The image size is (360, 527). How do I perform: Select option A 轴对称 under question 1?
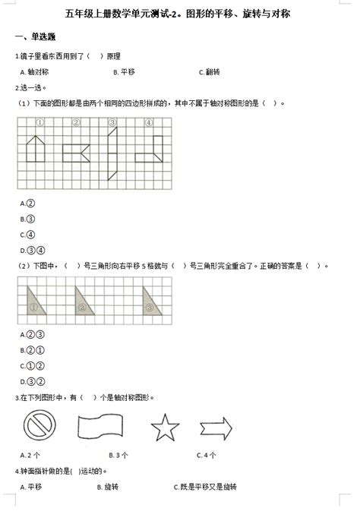pyautogui.click(x=34, y=72)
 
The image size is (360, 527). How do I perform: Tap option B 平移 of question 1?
pyautogui.click(x=123, y=72)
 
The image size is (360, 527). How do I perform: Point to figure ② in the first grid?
pyautogui.click(x=76, y=153)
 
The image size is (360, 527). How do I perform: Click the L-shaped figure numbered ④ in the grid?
pyautogui.click(x=151, y=149)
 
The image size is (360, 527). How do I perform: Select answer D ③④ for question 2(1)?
pyautogui.click(x=30, y=251)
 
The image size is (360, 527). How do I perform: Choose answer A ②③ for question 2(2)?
pyautogui.click(x=30, y=335)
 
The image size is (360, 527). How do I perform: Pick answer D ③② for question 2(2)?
pyautogui.click(x=30, y=381)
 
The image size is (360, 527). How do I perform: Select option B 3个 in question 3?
pyautogui.click(x=118, y=456)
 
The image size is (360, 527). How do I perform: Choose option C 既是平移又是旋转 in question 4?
pyautogui.click(x=205, y=487)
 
